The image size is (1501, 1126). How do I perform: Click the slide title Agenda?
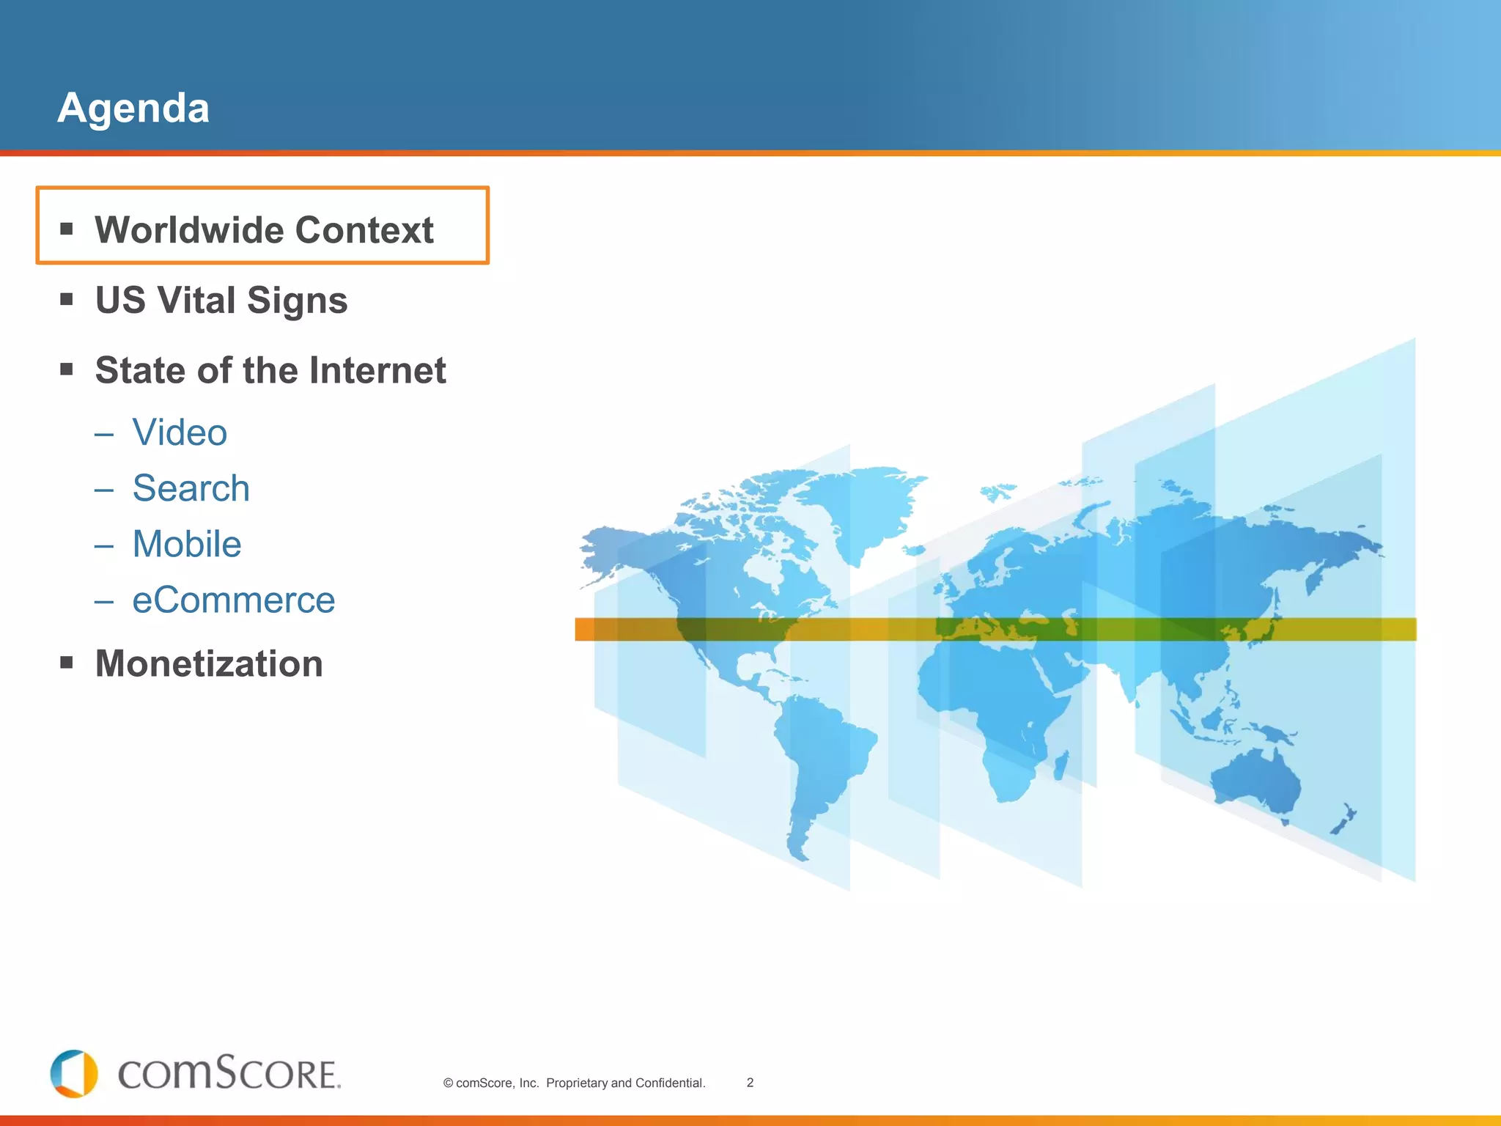(x=133, y=108)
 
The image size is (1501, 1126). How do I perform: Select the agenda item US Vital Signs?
(x=221, y=301)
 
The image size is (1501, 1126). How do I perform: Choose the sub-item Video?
(x=180, y=433)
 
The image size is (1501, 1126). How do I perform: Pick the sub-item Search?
(x=191, y=488)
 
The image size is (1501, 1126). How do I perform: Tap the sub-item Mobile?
(x=187, y=544)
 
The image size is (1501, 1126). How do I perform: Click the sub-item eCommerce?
(x=233, y=600)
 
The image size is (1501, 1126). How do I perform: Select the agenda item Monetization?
(x=209, y=663)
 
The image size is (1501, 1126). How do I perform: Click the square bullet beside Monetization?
(x=67, y=663)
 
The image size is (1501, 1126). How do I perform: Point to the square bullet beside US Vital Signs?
(x=67, y=299)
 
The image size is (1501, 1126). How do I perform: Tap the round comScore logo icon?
(x=74, y=1074)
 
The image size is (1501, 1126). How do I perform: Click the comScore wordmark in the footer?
(x=229, y=1075)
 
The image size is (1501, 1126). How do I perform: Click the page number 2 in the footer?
(x=750, y=1083)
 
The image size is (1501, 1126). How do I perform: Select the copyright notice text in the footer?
(x=574, y=1083)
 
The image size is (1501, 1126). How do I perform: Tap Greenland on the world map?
(x=872, y=506)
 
